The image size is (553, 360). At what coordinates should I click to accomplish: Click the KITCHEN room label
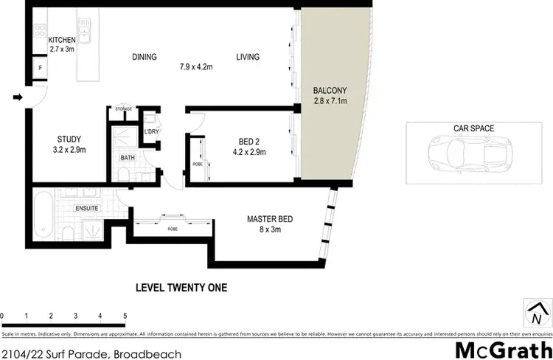click(63, 40)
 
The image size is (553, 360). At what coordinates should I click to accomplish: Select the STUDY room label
click(69, 139)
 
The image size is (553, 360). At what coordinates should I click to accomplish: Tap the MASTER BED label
click(269, 218)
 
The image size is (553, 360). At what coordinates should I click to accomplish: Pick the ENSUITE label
click(86, 208)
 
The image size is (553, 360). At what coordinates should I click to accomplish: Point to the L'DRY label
click(153, 131)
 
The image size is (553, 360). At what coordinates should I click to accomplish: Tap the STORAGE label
click(123, 109)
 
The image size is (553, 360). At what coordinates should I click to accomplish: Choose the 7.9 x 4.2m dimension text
click(196, 67)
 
